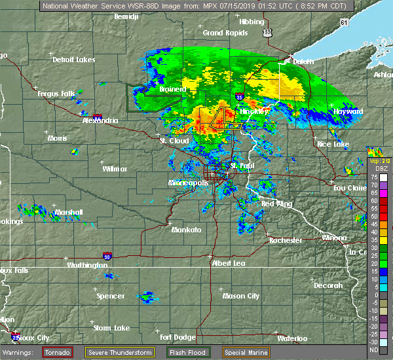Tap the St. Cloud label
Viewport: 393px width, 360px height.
175,141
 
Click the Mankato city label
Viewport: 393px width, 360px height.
186,230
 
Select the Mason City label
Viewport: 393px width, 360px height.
240,296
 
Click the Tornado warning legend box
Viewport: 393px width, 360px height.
58,352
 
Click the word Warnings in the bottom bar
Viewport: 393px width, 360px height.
21,352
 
